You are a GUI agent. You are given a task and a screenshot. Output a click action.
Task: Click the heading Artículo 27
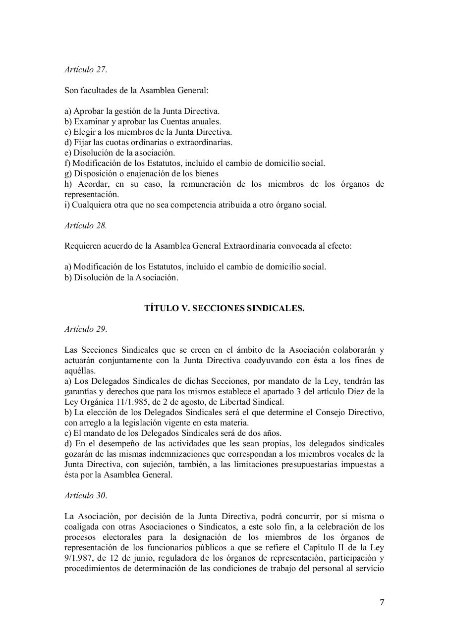85,70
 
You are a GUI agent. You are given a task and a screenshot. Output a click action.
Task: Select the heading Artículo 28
85,225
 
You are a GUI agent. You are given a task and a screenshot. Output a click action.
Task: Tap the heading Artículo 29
85,329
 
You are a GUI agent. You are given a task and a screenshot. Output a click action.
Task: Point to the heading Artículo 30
85,495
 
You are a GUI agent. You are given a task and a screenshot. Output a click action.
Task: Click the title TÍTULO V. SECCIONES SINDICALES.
224,308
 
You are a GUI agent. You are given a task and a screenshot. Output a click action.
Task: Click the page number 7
382,602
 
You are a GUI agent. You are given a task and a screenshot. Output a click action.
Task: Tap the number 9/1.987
78,558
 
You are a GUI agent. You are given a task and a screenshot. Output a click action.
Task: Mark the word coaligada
83,527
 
